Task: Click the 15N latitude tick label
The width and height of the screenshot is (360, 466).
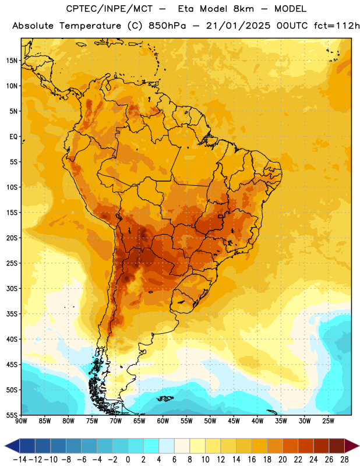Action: point(12,61)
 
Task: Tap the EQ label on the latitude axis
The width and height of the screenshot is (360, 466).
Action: point(13,137)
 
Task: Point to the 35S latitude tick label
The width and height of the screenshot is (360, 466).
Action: point(12,314)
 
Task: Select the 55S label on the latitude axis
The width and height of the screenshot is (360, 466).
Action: point(12,415)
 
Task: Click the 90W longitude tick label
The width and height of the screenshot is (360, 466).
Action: point(21,421)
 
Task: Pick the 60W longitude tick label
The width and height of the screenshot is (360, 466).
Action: point(163,421)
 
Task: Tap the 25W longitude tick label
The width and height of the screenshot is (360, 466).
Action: point(328,421)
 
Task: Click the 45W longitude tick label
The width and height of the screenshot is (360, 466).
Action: point(234,421)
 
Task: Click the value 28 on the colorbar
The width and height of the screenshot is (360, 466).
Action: point(344,460)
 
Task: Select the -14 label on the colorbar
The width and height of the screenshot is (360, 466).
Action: point(20,460)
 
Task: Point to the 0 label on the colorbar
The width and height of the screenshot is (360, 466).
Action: point(128,460)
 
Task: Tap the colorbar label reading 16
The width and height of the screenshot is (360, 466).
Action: point(252,460)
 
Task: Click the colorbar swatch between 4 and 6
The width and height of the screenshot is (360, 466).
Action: point(167,446)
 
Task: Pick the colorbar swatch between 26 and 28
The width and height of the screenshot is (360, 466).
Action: point(337,446)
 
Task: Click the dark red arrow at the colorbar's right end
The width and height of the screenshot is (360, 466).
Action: point(352,446)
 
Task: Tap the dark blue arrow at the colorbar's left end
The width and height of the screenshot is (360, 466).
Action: point(12,446)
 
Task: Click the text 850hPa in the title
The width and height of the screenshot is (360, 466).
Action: point(167,26)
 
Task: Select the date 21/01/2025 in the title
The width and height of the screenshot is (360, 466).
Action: point(238,26)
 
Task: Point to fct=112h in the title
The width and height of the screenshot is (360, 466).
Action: point(337,26)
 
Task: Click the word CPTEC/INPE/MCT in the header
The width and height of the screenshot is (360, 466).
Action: point(110,9)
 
